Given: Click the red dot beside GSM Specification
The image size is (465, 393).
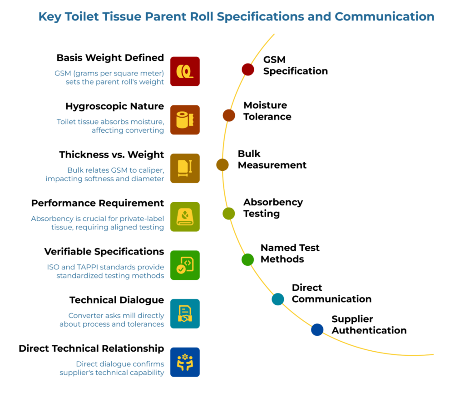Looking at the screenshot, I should [247, 69].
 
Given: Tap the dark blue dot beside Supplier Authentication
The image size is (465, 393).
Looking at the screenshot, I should [317, 329].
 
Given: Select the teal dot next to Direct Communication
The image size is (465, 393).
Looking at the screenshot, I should [277, 298].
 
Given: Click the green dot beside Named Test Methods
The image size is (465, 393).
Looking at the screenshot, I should [247, 259].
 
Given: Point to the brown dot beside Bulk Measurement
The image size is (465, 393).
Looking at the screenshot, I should [222, 164].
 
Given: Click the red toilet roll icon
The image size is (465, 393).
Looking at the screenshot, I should [185, 71].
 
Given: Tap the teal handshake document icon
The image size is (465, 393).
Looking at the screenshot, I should [185, 313].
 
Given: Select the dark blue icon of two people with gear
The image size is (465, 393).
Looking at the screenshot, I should [185, 362].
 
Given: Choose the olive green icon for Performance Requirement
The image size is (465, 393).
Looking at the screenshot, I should [185, 217].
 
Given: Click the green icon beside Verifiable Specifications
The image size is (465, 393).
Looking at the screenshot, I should [185, 265].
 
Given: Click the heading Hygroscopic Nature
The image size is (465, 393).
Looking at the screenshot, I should [114, 106].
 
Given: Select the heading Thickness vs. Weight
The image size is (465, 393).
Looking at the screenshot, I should [111, 154].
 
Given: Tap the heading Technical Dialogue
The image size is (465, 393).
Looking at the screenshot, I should [116, 300].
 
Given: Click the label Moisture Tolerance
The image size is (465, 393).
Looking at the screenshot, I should [267, 111].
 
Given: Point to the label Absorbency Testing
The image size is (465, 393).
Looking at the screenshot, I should [272, 208].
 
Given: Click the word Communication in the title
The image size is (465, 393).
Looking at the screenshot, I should [385, 17].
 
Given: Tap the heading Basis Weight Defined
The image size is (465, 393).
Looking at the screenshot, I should [110, 58].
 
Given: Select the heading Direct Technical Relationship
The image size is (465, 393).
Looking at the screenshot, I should [91, 348].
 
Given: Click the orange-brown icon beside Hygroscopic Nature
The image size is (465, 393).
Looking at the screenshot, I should [185, 119].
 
